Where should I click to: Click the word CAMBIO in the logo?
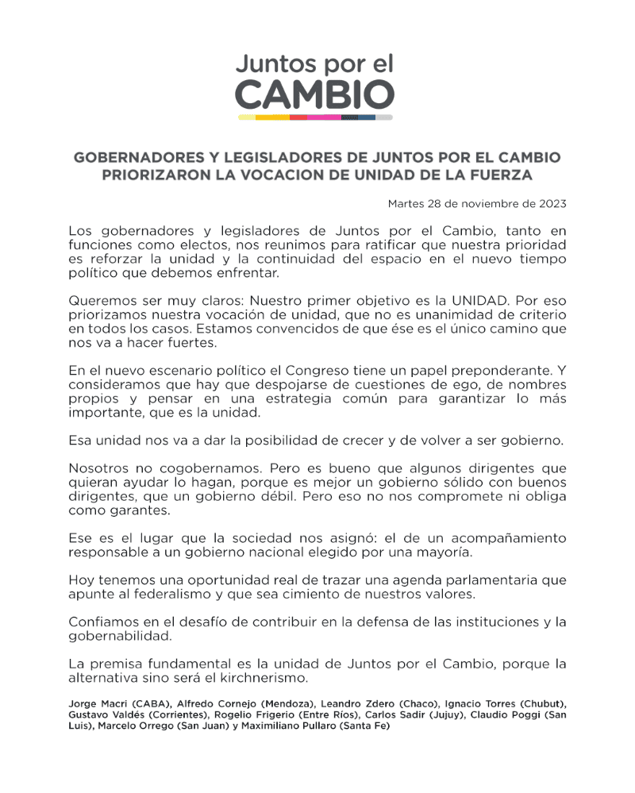tap(315, 95)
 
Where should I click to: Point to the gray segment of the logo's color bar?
tap(384, 117)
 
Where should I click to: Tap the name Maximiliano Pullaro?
tap(297, 726)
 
